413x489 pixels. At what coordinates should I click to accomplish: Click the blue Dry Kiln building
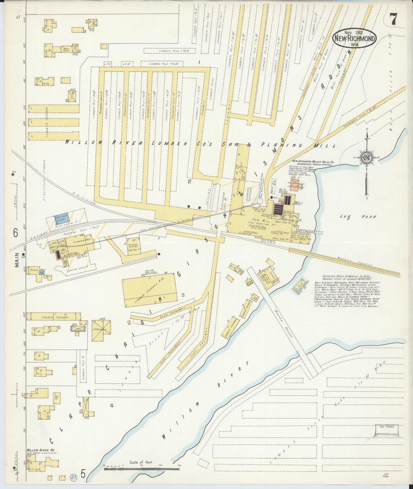(x=61, y=219)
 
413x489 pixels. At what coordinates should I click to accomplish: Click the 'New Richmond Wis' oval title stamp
(x=354, y=38)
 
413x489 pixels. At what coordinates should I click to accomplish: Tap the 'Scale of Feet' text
(x=141, y=462)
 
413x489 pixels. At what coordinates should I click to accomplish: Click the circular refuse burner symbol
(x=260, y=201)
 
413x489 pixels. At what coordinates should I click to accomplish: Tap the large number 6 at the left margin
(x=15, y=233)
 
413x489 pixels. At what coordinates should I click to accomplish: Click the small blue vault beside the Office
(x=42, y=272)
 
